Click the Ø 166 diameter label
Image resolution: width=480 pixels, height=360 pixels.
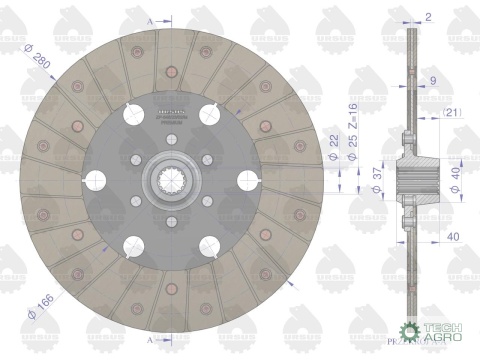tap(42, 304)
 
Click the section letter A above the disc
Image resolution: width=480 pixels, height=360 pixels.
tap(149, 19)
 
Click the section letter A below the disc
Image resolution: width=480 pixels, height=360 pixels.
tap(149, 341)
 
